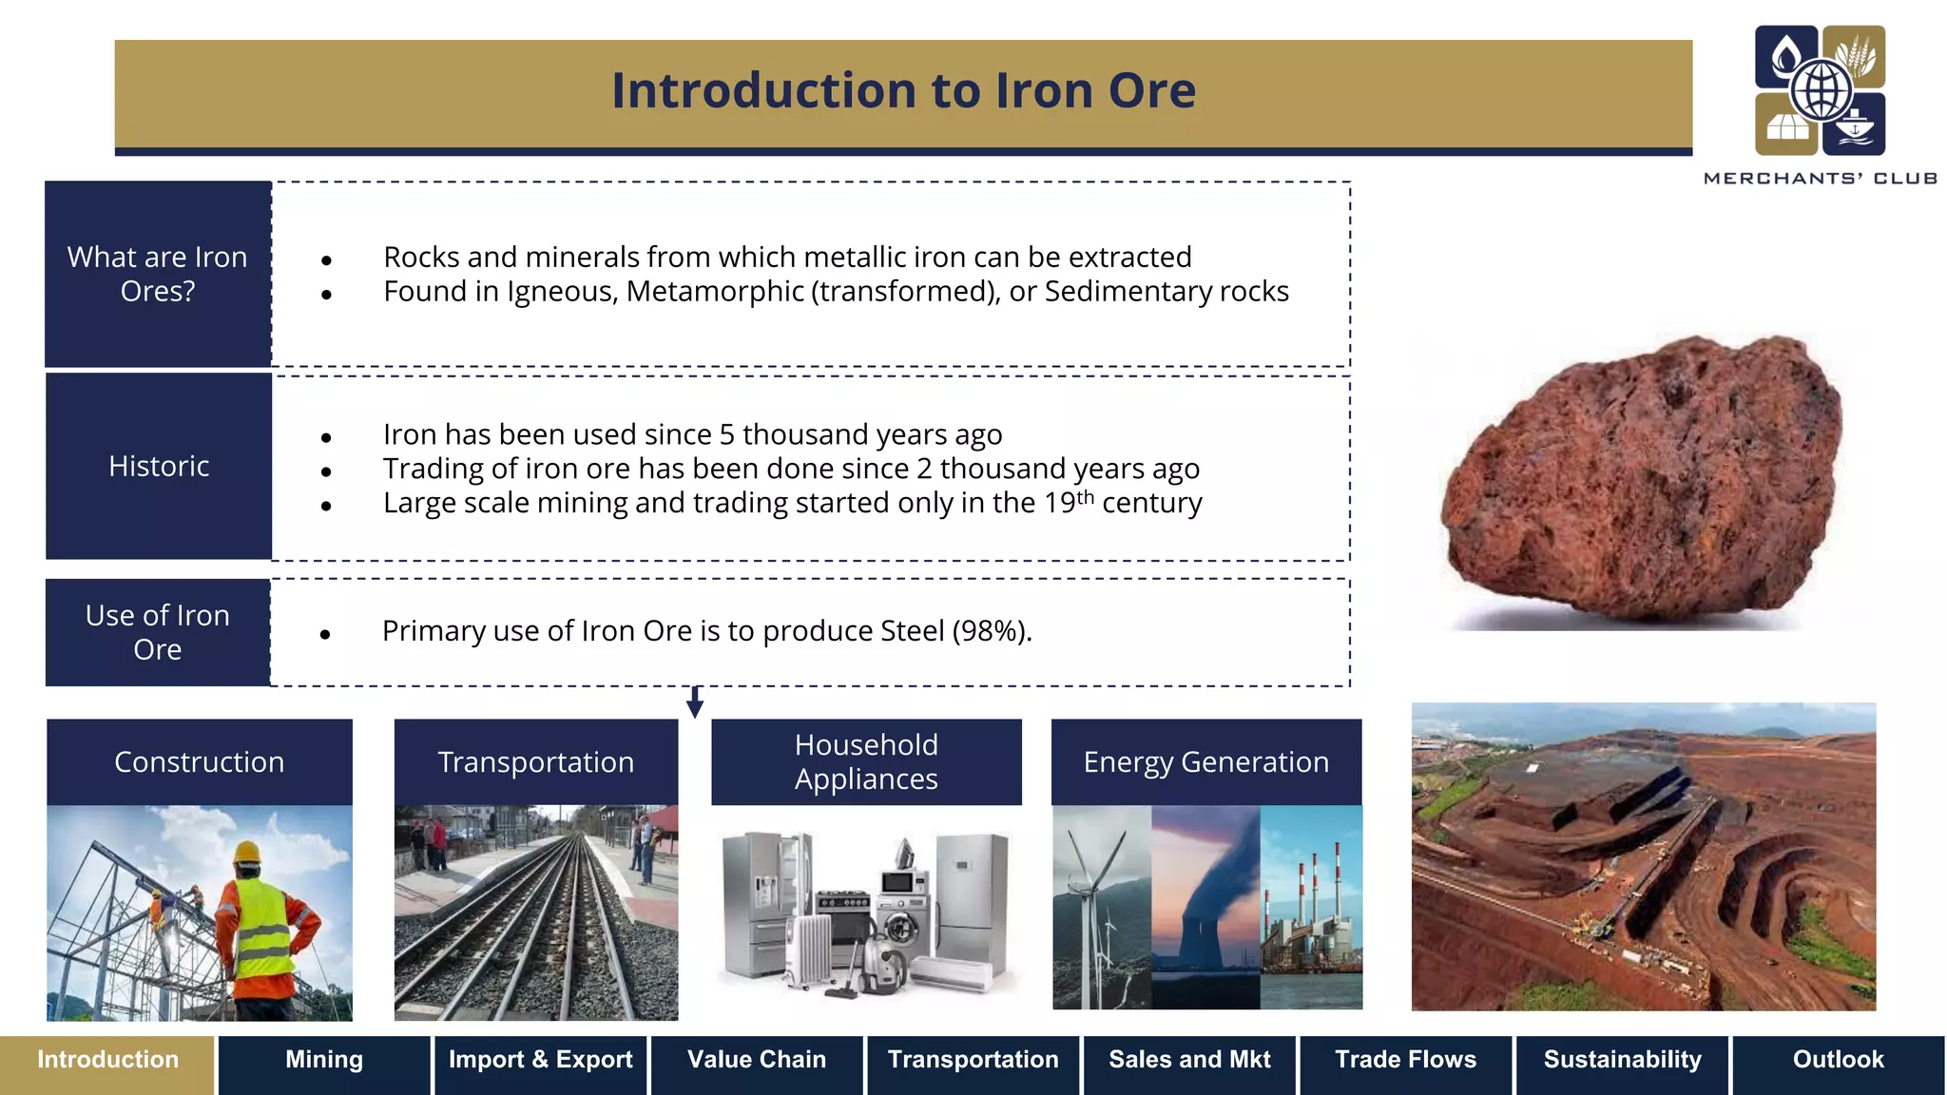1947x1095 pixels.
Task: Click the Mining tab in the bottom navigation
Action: coord(324,1060)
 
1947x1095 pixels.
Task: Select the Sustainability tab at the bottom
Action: coord(1622,1060)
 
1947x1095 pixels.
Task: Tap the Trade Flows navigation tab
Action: coord(1405,1060)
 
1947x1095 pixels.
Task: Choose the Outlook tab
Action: coord(1838,1060)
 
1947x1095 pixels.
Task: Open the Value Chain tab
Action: coord(757,1060)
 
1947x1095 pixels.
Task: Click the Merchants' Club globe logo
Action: coord(1820,90)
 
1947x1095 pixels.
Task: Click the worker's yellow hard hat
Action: coord(248,852)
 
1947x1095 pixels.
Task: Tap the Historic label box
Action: coord(159,466)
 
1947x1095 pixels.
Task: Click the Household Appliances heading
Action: coord(866,762)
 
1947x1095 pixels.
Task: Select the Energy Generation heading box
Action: coord(1205,762)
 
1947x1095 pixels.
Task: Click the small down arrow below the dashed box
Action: coord(695,703)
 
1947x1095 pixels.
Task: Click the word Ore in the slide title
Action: coord(1151,91)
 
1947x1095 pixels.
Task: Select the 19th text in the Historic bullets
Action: coord(1069,502)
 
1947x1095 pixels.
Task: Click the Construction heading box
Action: coord(200,762)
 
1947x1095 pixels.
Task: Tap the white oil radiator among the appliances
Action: coord(807,951)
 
